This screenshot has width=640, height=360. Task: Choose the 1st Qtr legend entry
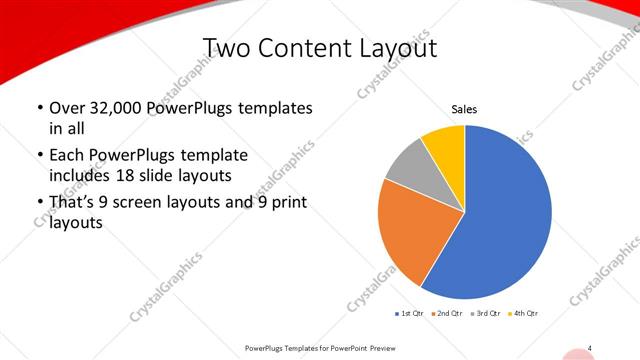[411, 314]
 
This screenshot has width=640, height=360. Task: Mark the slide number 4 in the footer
[590, 347]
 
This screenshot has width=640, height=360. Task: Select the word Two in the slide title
[226, 48]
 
